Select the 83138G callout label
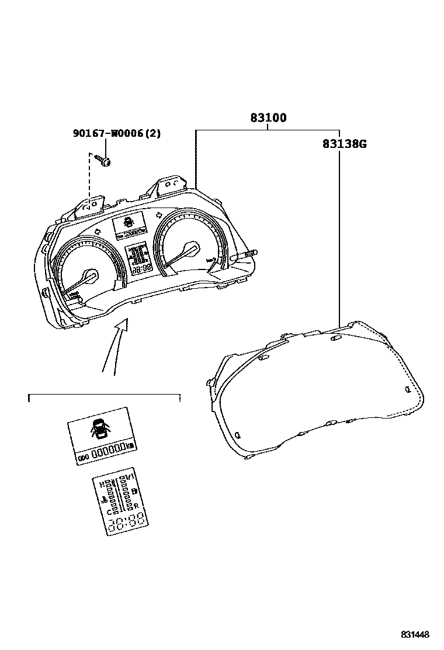[344, 144]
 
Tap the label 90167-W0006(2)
[117, 133]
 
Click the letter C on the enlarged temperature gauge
[109, 511]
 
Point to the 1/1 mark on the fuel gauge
[128, 478]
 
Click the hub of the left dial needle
[89, 275]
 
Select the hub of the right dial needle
[189, 248]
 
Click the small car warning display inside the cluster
[129, 223]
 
